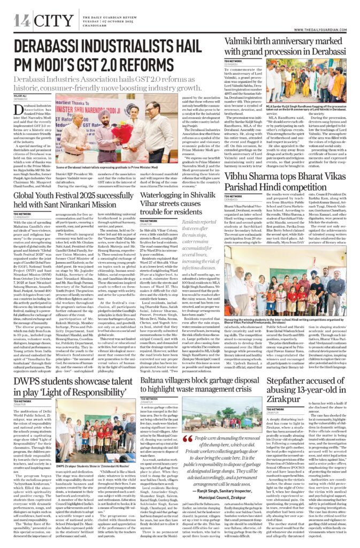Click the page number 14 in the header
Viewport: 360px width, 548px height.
tap(22, 21)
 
